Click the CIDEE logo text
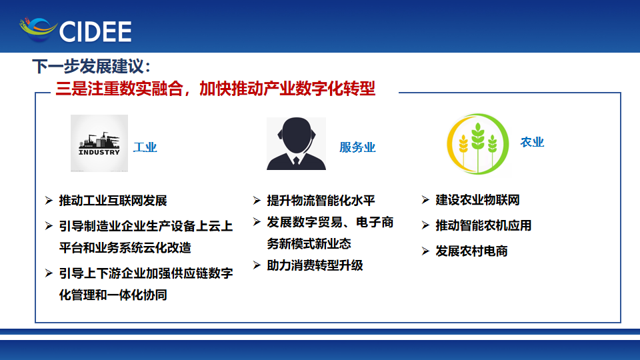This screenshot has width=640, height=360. (x=95, y=31)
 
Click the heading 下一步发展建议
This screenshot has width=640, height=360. (x=91, y=66)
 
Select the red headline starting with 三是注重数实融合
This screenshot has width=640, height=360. (x=215, y=89)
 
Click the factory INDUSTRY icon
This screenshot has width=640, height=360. (x=99, y=143)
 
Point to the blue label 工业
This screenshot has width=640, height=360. (x=145, y=147)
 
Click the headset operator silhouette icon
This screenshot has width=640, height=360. (x=296, y=143)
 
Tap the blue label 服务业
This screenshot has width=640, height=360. (x=357, y=147)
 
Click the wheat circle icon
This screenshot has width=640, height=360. (x=477, y=144)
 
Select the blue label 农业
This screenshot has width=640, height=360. (x=532, y=142)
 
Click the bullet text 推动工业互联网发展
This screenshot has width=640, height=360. (x=113, y=201)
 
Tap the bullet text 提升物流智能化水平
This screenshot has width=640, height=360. (x=321, y=201)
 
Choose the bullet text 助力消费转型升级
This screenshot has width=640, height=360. (x=315, y=266)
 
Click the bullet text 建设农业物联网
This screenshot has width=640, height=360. (x=477, y=200)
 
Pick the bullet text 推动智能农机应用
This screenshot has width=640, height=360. (x=483, y=225)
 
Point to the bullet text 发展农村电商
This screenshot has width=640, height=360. (x=471, y=251)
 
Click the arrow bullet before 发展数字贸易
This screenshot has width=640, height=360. (x=257, y=222)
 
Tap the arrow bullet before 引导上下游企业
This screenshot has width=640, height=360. (x=49, y=273)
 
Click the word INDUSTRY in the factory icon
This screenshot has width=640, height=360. (x=99, y=152)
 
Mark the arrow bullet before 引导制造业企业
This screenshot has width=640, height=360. (x=49, y=226)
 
